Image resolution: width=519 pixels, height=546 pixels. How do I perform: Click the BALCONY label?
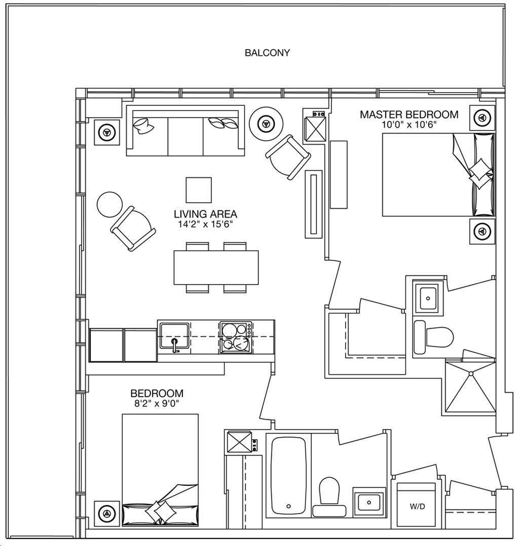(x=267, y=53)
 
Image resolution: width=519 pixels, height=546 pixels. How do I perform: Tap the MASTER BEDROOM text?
(x=409, y=114)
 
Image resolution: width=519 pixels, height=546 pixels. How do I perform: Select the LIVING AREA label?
(x=205, y=214)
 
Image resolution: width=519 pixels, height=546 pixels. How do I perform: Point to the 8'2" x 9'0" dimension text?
(x=157, y=404)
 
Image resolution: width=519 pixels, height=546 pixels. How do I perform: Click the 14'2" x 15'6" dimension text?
(x=205, y=224)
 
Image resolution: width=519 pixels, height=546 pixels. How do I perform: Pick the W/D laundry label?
(x=417, y=506)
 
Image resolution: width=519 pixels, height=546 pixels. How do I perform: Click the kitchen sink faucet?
(x=175, y=345)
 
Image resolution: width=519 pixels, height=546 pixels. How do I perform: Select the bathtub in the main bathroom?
(x=288, y=476)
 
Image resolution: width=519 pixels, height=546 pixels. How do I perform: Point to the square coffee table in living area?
(x=199, y=190)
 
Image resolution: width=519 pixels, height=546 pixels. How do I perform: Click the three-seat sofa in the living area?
(x=186, y=131)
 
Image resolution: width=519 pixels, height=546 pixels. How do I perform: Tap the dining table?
(x=216, y=267)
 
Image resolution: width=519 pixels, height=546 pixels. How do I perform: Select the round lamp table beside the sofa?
(x=267, y=123)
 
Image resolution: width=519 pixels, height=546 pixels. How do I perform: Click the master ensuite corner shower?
(x=470, y=387)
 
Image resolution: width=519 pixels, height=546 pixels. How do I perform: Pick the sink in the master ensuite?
(x=428, y=298)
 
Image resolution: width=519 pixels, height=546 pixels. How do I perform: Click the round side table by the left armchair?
(x=109, y=205)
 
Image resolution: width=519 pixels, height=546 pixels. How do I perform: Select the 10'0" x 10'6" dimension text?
(x=409, y=125)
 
